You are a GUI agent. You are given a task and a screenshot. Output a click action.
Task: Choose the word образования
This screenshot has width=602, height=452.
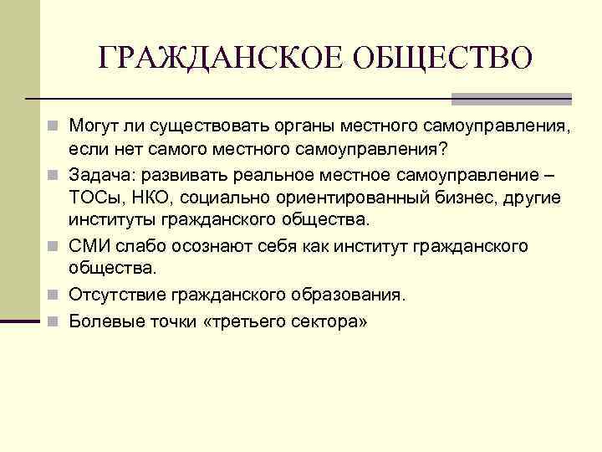pos(349,295)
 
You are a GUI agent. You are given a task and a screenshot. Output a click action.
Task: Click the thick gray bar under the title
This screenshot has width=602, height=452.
pos(511,98)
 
